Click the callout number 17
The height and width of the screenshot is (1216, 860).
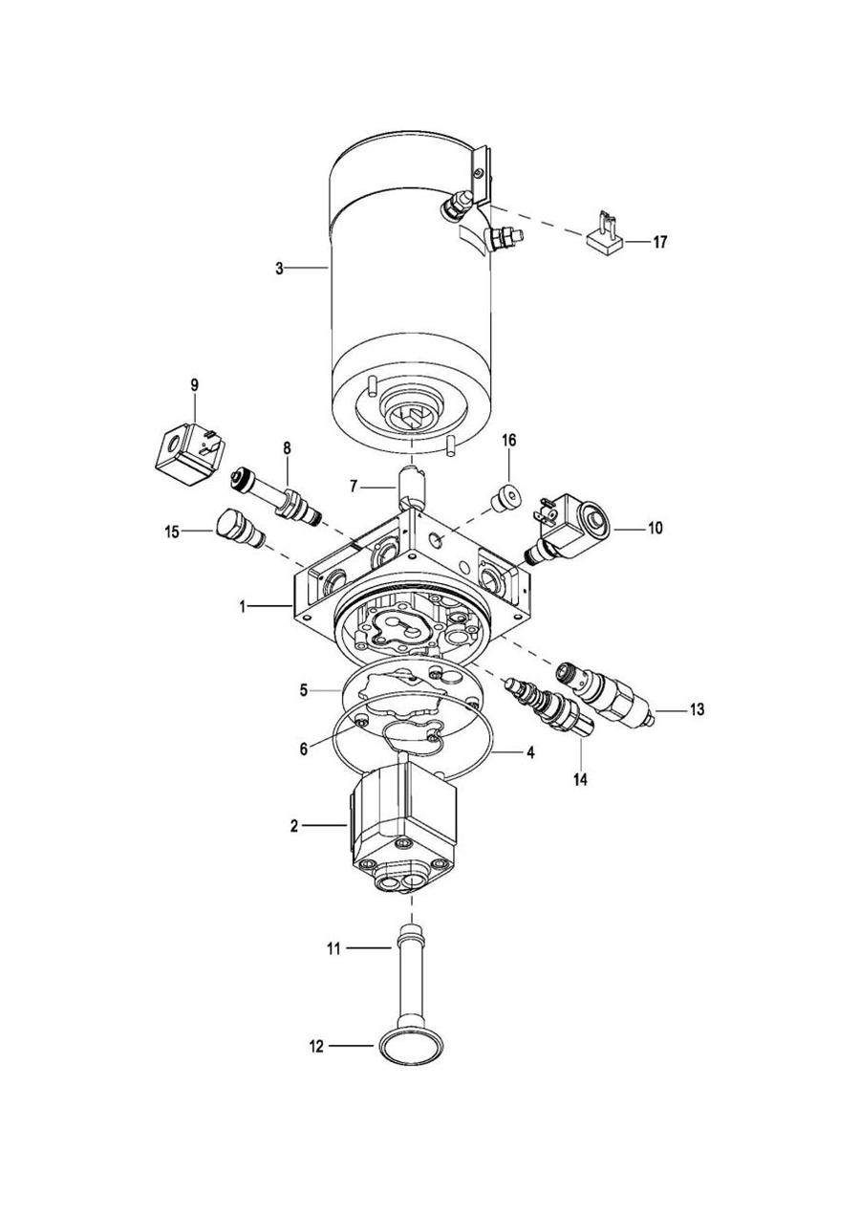[x=659, y=242]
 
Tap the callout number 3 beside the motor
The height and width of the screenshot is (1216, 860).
[x=280, y=269]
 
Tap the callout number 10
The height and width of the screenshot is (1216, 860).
[x=655, y=527]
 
